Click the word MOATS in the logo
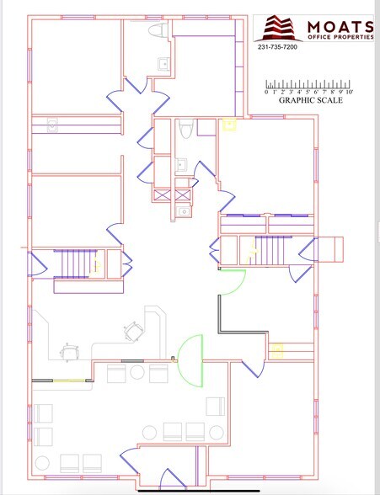340,27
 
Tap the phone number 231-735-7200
277,47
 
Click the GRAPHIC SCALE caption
311,100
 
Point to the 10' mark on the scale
349,92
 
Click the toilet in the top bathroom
158,30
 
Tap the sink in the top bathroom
164,64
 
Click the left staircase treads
76,264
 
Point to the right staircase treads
274,250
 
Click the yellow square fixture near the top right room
230,124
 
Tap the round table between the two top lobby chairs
137,372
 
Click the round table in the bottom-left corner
42,463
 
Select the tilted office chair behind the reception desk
134,332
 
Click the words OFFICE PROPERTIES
340,37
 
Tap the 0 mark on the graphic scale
266,92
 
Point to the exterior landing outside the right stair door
329,249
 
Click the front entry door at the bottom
173,480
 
